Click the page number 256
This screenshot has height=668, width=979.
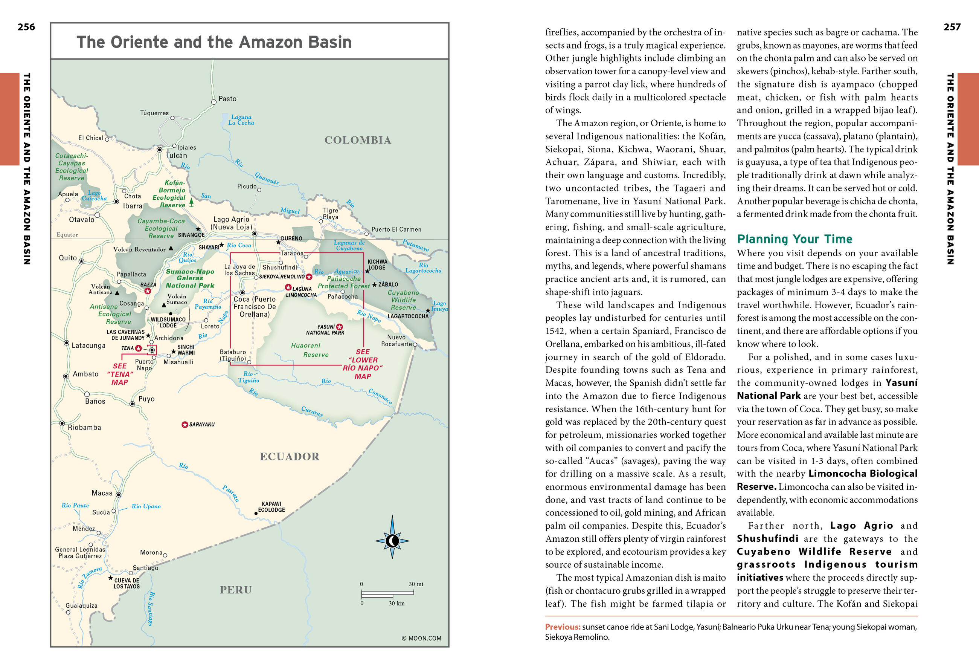(26, 27)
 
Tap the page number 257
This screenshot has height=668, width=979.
(952, 27)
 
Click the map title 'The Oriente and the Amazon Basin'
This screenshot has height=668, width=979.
(213, 42)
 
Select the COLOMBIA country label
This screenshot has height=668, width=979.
(358, 140)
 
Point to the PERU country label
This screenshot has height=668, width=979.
(235, 590)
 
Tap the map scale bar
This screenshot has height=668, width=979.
(387, 594)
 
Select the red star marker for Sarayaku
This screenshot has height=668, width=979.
(185, 424)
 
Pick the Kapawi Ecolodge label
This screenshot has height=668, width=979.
(271, 507)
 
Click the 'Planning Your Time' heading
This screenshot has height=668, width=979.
(794, 239)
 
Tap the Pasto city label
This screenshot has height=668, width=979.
(227, 99)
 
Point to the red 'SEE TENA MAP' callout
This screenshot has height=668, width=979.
(120, 374)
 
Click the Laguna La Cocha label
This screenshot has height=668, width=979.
(241, 120)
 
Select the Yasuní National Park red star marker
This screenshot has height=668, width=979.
(339, 327)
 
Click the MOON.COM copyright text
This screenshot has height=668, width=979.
(421, 638)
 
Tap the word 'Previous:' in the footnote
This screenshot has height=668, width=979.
(563, 627)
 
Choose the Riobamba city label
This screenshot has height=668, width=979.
(84, 427)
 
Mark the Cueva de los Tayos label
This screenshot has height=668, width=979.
(127, 583)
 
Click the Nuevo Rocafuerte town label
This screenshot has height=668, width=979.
(396, 341)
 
